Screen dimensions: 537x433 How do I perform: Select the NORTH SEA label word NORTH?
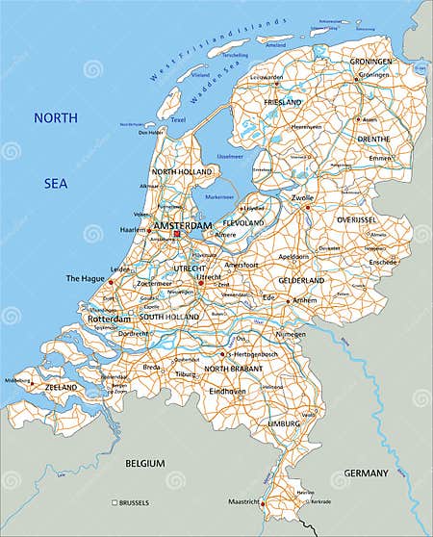pos(56,118)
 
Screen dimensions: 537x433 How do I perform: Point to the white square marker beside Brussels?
pos(115,502)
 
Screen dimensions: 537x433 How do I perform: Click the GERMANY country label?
pos(366,473)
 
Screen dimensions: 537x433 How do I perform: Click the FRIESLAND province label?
pos(282,102)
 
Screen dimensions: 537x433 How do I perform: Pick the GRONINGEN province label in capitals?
pos(370,62)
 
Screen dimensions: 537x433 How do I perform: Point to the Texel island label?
pos(177,120)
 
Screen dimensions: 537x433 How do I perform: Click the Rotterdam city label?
pos(108,319)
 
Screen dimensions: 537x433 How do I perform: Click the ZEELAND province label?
pos(61,387)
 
